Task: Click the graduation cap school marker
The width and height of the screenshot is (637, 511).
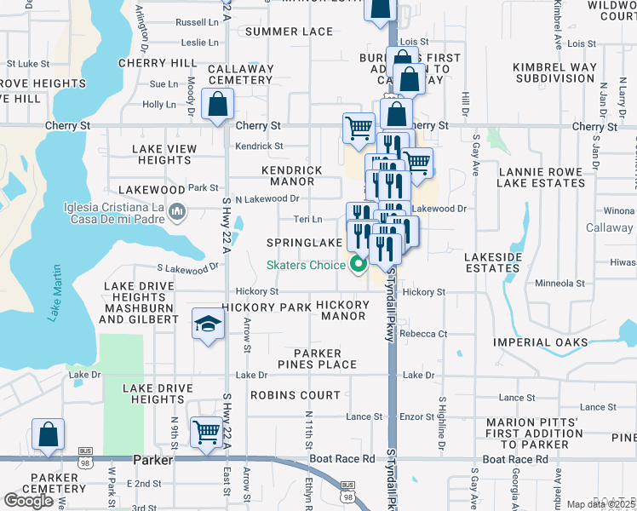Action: click(207, 324)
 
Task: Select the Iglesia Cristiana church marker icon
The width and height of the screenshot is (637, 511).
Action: click(177, 210)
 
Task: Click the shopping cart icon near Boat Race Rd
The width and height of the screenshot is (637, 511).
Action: click(207, 432)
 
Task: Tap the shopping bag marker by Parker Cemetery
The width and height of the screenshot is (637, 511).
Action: click(49, 433)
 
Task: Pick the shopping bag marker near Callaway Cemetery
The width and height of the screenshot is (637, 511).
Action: click(219, 106)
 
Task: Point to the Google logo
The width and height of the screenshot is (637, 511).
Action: click(28, 501)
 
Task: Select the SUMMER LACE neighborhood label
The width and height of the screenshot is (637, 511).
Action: click(289, 32)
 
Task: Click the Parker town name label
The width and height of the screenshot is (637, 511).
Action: click(153, 460)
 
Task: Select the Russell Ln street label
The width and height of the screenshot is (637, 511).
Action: click(197, 21)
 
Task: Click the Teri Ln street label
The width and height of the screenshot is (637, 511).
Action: click(307, 219)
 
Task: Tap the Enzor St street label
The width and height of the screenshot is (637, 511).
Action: click(417, 416)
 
